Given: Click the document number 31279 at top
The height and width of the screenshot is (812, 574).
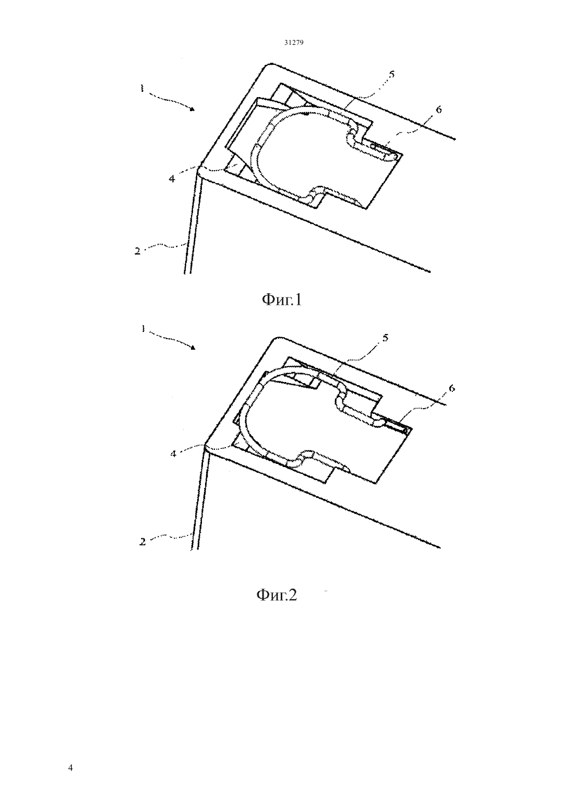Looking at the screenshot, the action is point(293,43).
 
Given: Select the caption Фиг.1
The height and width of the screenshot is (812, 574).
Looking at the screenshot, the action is point(282,300).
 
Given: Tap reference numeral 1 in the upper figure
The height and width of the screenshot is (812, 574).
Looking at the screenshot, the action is point(142,88).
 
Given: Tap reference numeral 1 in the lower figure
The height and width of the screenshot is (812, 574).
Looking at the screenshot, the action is point(143,328).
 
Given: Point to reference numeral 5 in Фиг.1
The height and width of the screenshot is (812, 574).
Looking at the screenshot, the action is point(391,74).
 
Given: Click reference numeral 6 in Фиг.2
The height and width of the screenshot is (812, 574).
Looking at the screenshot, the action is point(451,388).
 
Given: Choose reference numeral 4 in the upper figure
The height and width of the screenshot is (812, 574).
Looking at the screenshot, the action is point(172,178).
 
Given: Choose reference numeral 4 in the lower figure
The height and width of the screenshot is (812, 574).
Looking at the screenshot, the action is point(173,453).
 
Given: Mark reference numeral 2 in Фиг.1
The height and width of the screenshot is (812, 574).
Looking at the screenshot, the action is point(137,250).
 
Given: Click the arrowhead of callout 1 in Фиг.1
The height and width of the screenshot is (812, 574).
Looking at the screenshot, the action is point(193,109).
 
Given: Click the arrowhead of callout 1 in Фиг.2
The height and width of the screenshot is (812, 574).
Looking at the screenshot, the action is point(193,348).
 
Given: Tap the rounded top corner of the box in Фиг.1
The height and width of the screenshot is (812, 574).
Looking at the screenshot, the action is point(268,66).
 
